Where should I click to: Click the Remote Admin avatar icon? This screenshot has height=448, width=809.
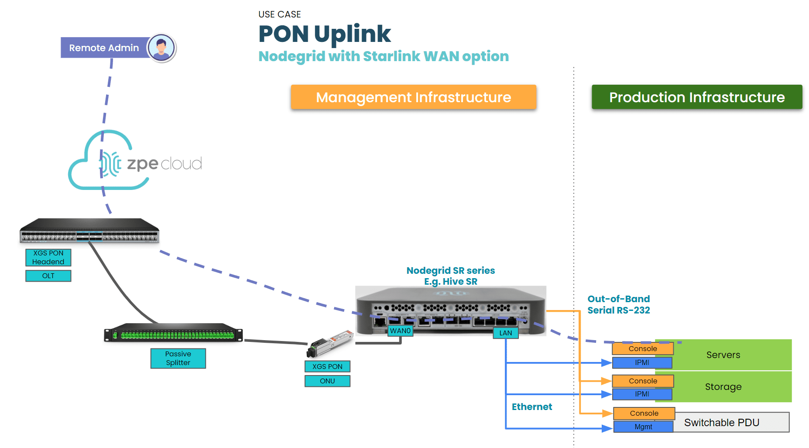click(161, 48)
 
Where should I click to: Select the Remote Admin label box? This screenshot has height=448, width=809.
click(104, 48)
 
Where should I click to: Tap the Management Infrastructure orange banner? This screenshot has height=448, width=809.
click(413, 97)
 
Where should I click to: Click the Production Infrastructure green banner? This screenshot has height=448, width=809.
click(697, 97)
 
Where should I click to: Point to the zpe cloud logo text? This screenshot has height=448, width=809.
click(164, 164)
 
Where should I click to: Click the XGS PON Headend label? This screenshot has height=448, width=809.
click(48, 258)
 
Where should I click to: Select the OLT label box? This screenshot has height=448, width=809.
click(48, 276)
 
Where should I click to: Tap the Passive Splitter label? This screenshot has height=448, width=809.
click(178, 358)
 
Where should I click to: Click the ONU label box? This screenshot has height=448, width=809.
click(327, 381)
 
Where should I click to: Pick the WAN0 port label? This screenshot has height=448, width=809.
click(400, 331)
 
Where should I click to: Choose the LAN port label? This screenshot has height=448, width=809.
click(506, 333)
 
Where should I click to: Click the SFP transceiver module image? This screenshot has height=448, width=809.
click(330, 343)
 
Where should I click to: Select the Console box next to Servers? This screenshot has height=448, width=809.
click(643, 348)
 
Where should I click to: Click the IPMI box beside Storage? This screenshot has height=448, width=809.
click(642, 394)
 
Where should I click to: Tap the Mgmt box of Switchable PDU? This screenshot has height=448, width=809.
click(643, 427)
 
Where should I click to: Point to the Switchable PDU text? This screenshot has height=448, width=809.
click(722, 423)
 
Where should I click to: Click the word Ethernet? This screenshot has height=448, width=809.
click(531, 407)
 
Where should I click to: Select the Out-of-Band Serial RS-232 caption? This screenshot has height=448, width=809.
click(618, 305)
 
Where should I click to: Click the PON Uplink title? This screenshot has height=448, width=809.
click(325, 34)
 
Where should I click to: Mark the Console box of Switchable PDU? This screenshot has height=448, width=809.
click(644, 413)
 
